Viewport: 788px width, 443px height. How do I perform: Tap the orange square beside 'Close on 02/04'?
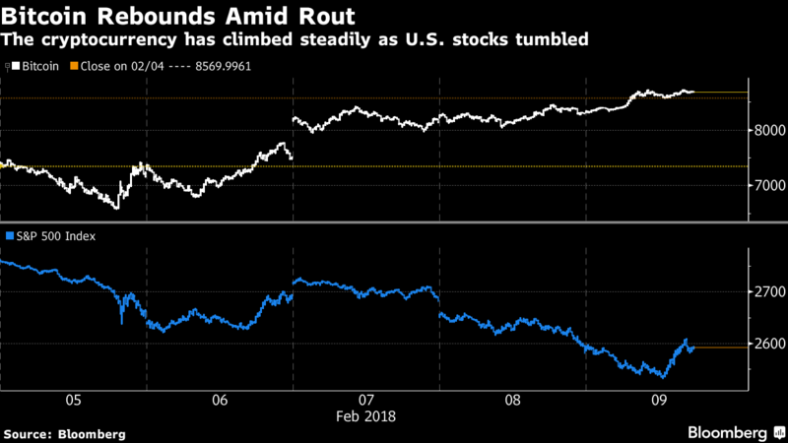(x=75, y=66)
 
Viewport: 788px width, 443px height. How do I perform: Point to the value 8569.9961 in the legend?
(x=221, y=66)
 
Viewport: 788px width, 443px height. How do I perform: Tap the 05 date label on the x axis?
(x=73, y=401)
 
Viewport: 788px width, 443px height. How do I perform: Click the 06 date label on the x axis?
(x=220, y=401)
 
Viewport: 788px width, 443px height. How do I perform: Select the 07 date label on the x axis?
(x=366, y=401)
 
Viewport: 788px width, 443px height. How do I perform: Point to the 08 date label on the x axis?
(x=512, y=401)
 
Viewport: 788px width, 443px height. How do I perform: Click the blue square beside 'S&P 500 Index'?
(x=10, y=235)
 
